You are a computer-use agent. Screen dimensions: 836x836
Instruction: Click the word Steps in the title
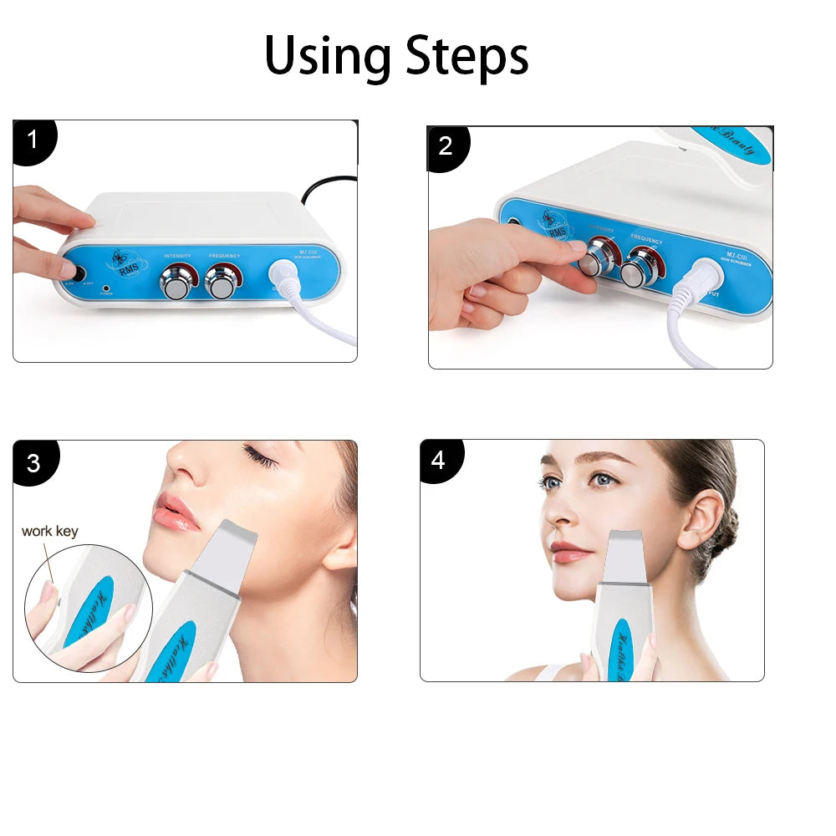tap(467, 57)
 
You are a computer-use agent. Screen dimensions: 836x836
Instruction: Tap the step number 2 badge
tap(446, 146)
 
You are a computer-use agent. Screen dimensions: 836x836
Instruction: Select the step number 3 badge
tap(33, 462)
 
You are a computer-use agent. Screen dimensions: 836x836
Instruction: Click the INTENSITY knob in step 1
tap(176, 283)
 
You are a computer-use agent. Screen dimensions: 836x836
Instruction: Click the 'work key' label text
tap(49, 531)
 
